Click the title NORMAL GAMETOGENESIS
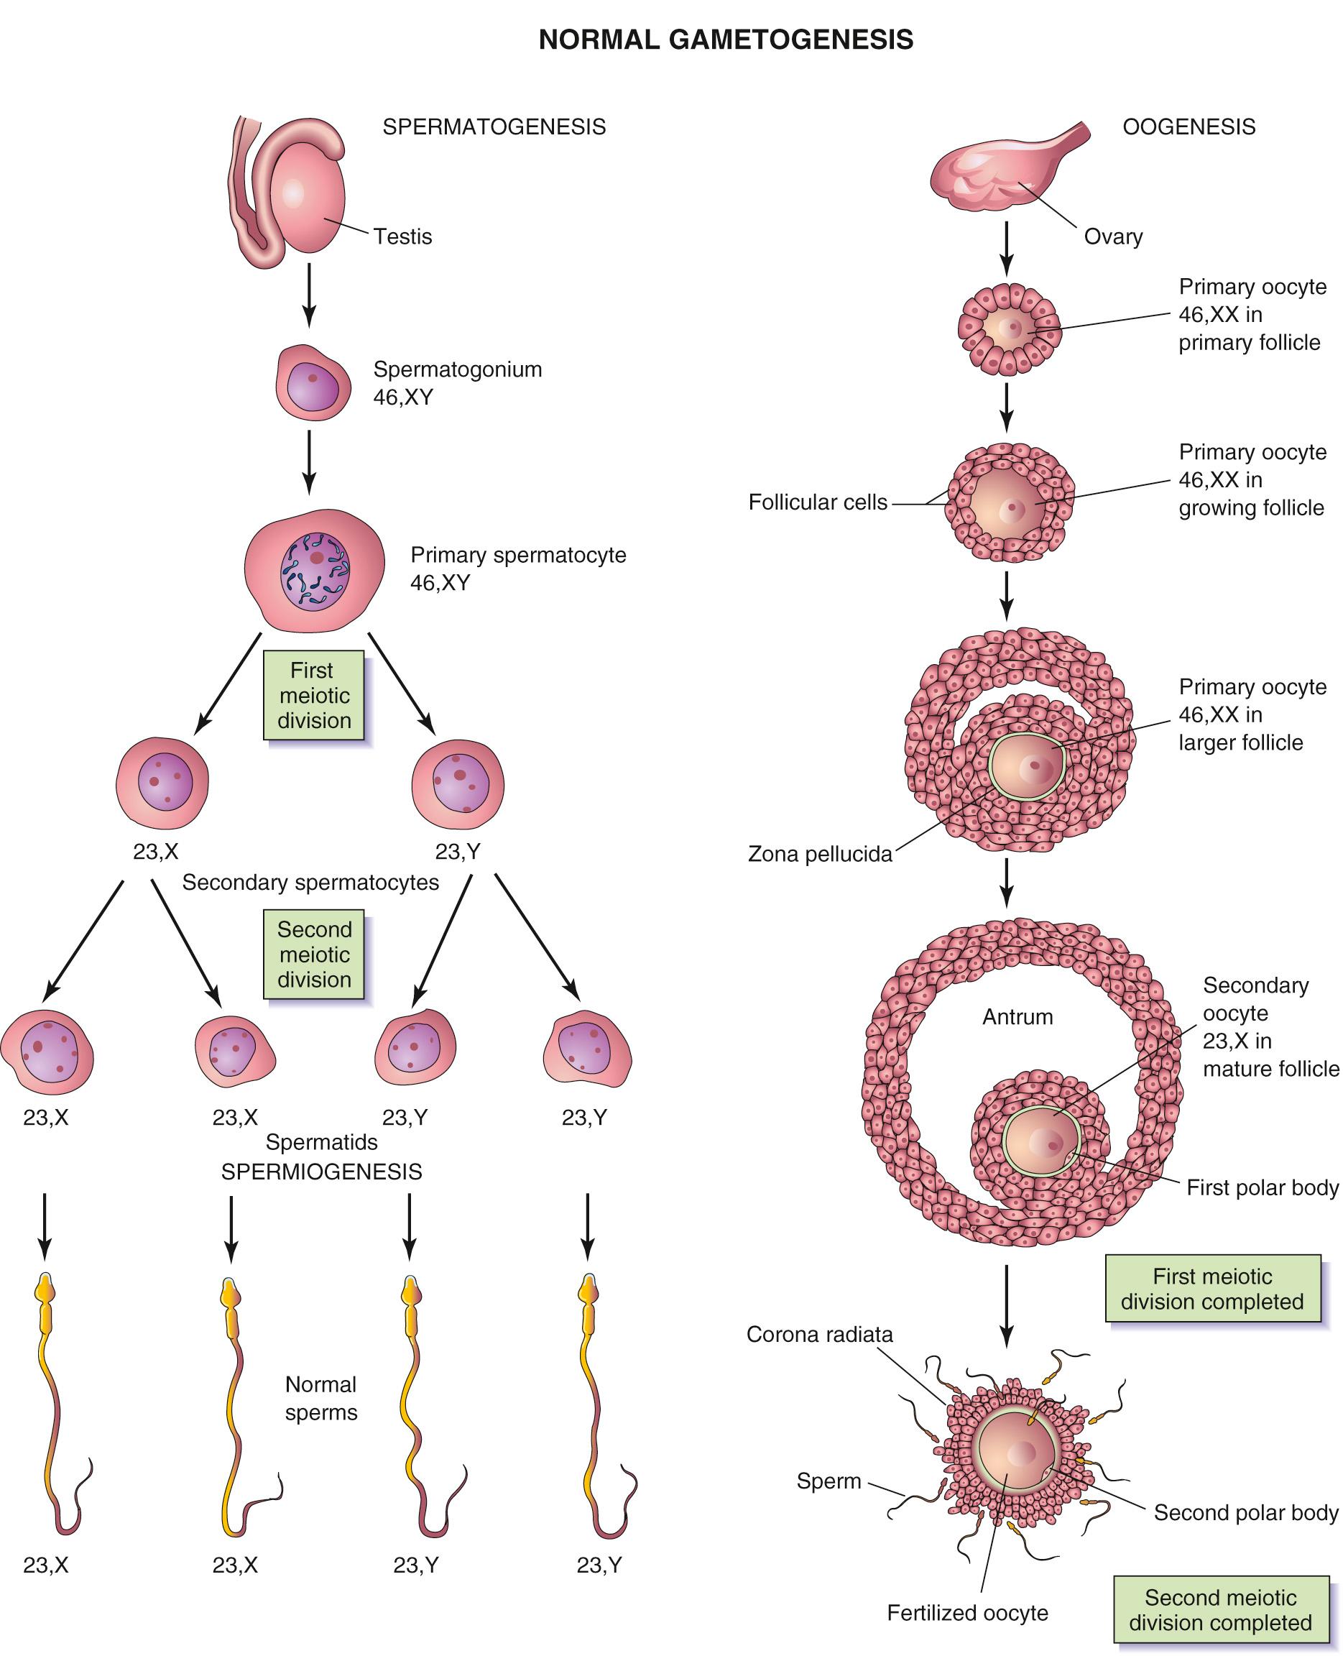[726, 40]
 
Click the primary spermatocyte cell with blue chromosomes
[315, 570]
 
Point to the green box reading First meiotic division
[313, 695]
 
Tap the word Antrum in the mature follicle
[1017, 1016]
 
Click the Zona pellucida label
[819, 855]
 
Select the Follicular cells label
[817, 502]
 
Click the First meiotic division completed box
[1212, 1289]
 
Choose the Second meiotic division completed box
[1220, 1609]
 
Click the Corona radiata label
[819, 1334]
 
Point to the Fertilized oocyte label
[967, 1613]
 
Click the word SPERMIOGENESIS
[321, 1172]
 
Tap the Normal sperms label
[321, 1398]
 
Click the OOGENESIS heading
[1189, 127]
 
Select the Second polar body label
[1245, 1512]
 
